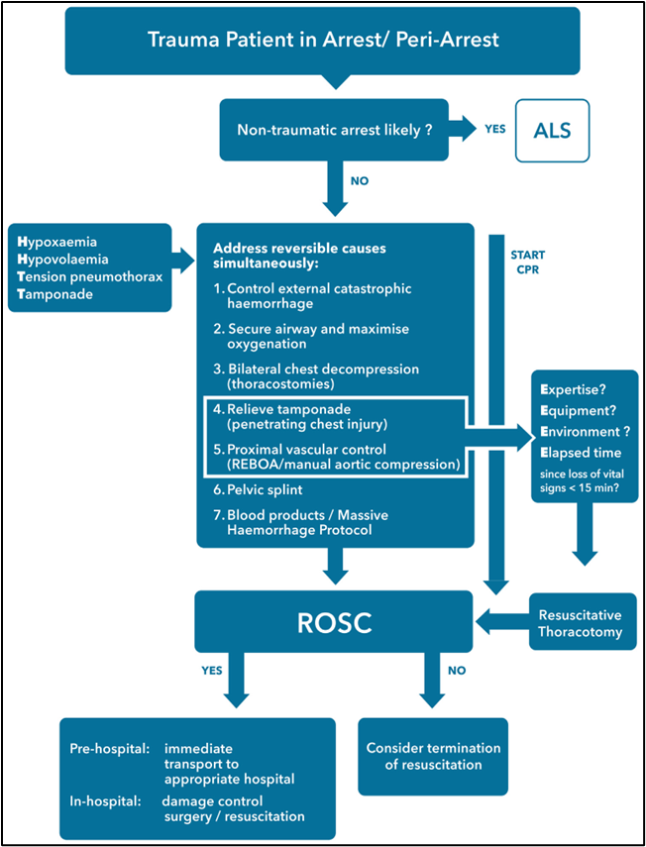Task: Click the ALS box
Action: coord(552,130)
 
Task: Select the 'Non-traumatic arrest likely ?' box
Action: coord(335,130)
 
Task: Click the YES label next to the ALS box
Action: coord(495,130)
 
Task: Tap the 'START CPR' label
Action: coord(527,262)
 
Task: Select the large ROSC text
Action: coord(335,622)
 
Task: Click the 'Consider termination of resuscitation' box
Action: coord(433,756)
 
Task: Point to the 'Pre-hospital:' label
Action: coord(110,749)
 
